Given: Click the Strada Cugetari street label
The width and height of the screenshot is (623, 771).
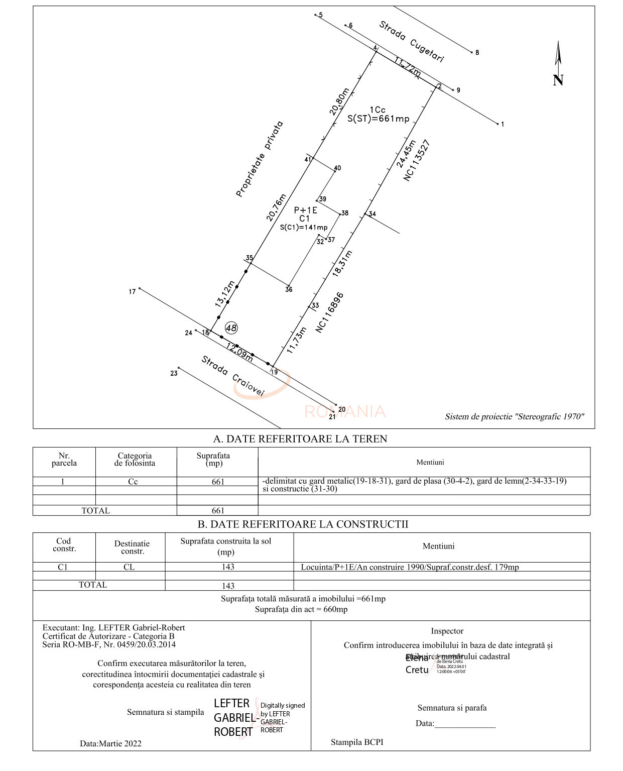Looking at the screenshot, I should (411, 42).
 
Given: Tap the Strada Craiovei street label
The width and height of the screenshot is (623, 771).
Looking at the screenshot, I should (232, 376).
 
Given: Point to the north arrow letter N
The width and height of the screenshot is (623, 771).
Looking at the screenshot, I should (558, 80).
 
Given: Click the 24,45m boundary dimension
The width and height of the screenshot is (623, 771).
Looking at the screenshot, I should (406, 154).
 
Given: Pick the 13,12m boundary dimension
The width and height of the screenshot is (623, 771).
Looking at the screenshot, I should (225, 294).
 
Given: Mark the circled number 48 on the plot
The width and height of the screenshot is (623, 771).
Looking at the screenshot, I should (231, 328).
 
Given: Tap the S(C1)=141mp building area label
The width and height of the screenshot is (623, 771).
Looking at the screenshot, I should (304, 228).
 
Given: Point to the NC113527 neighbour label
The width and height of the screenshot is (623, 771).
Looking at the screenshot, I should (417, 161).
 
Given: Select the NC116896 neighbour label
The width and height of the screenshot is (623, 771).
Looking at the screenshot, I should (330, 312).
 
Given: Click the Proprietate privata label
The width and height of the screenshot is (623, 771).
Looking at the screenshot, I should (260, 159).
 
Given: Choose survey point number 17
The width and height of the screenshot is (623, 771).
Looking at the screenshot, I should (133, 291).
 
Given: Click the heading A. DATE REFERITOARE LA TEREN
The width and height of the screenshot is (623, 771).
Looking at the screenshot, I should (300, 439).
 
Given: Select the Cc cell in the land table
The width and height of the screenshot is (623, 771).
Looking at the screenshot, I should (133, 482).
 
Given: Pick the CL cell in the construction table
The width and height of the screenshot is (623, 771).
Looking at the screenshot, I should (129, 567).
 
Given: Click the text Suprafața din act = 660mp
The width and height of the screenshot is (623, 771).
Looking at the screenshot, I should (301, 609).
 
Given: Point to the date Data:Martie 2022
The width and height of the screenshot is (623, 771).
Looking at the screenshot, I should (110, 743).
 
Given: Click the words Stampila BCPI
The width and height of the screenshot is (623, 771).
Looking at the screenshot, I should (357, 742).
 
